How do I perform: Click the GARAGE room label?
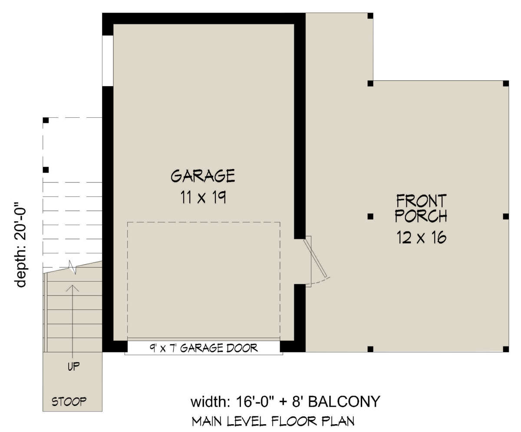coord(203,176)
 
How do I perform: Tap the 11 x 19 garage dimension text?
coord(203,199)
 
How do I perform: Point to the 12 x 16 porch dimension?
coord(421,238)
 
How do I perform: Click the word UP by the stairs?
coord(73,366)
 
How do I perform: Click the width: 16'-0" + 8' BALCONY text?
coord(285,402)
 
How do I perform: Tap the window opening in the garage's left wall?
coord(107,60)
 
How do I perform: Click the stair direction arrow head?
coord(73,287)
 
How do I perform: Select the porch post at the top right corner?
coord(505,83)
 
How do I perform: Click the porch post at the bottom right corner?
coord(505,349)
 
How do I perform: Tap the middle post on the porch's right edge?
coord(505,216)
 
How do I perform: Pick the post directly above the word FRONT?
coord(370,83)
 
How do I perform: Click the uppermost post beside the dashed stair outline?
coord(46,120)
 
